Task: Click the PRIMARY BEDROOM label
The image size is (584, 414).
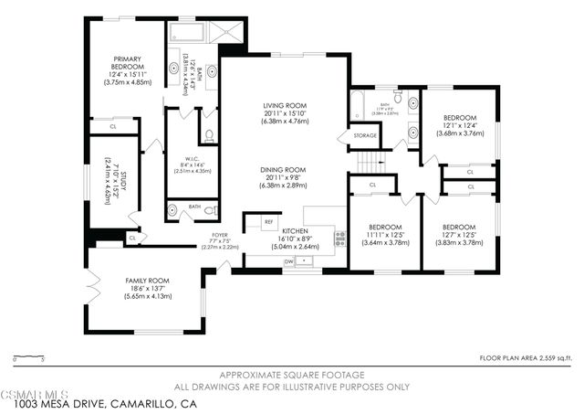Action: [x=124, y=63]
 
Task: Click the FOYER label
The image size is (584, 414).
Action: [x=220, y=235]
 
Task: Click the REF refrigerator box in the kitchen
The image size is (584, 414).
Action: [x=269, y=221]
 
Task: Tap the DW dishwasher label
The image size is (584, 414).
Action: [x=288, y=261]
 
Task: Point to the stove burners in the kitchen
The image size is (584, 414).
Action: [x=339, y=239]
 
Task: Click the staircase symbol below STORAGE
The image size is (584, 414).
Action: [x=368, y=164]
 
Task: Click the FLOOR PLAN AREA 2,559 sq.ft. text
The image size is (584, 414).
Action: [x=527, y=357]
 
